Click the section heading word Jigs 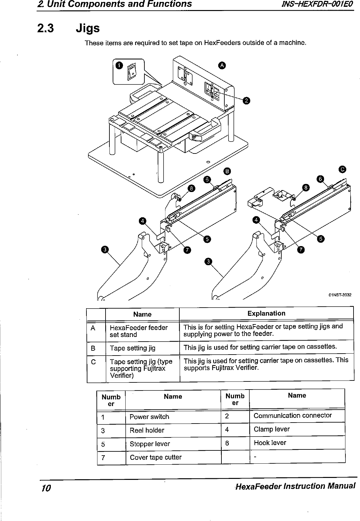click(87, 28)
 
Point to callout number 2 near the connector click(246, 101)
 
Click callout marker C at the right click(342, 169)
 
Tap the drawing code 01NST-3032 click(340, 295)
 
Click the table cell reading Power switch click(149, 417)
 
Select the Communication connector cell click(293, 415)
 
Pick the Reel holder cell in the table click(147, 430)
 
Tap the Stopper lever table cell click(150, 444)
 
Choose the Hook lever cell click(270, 443)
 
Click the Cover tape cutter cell click(155, 457)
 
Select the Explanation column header click(266, 313)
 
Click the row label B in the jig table click(93, 348)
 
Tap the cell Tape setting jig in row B click(132, 348)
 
